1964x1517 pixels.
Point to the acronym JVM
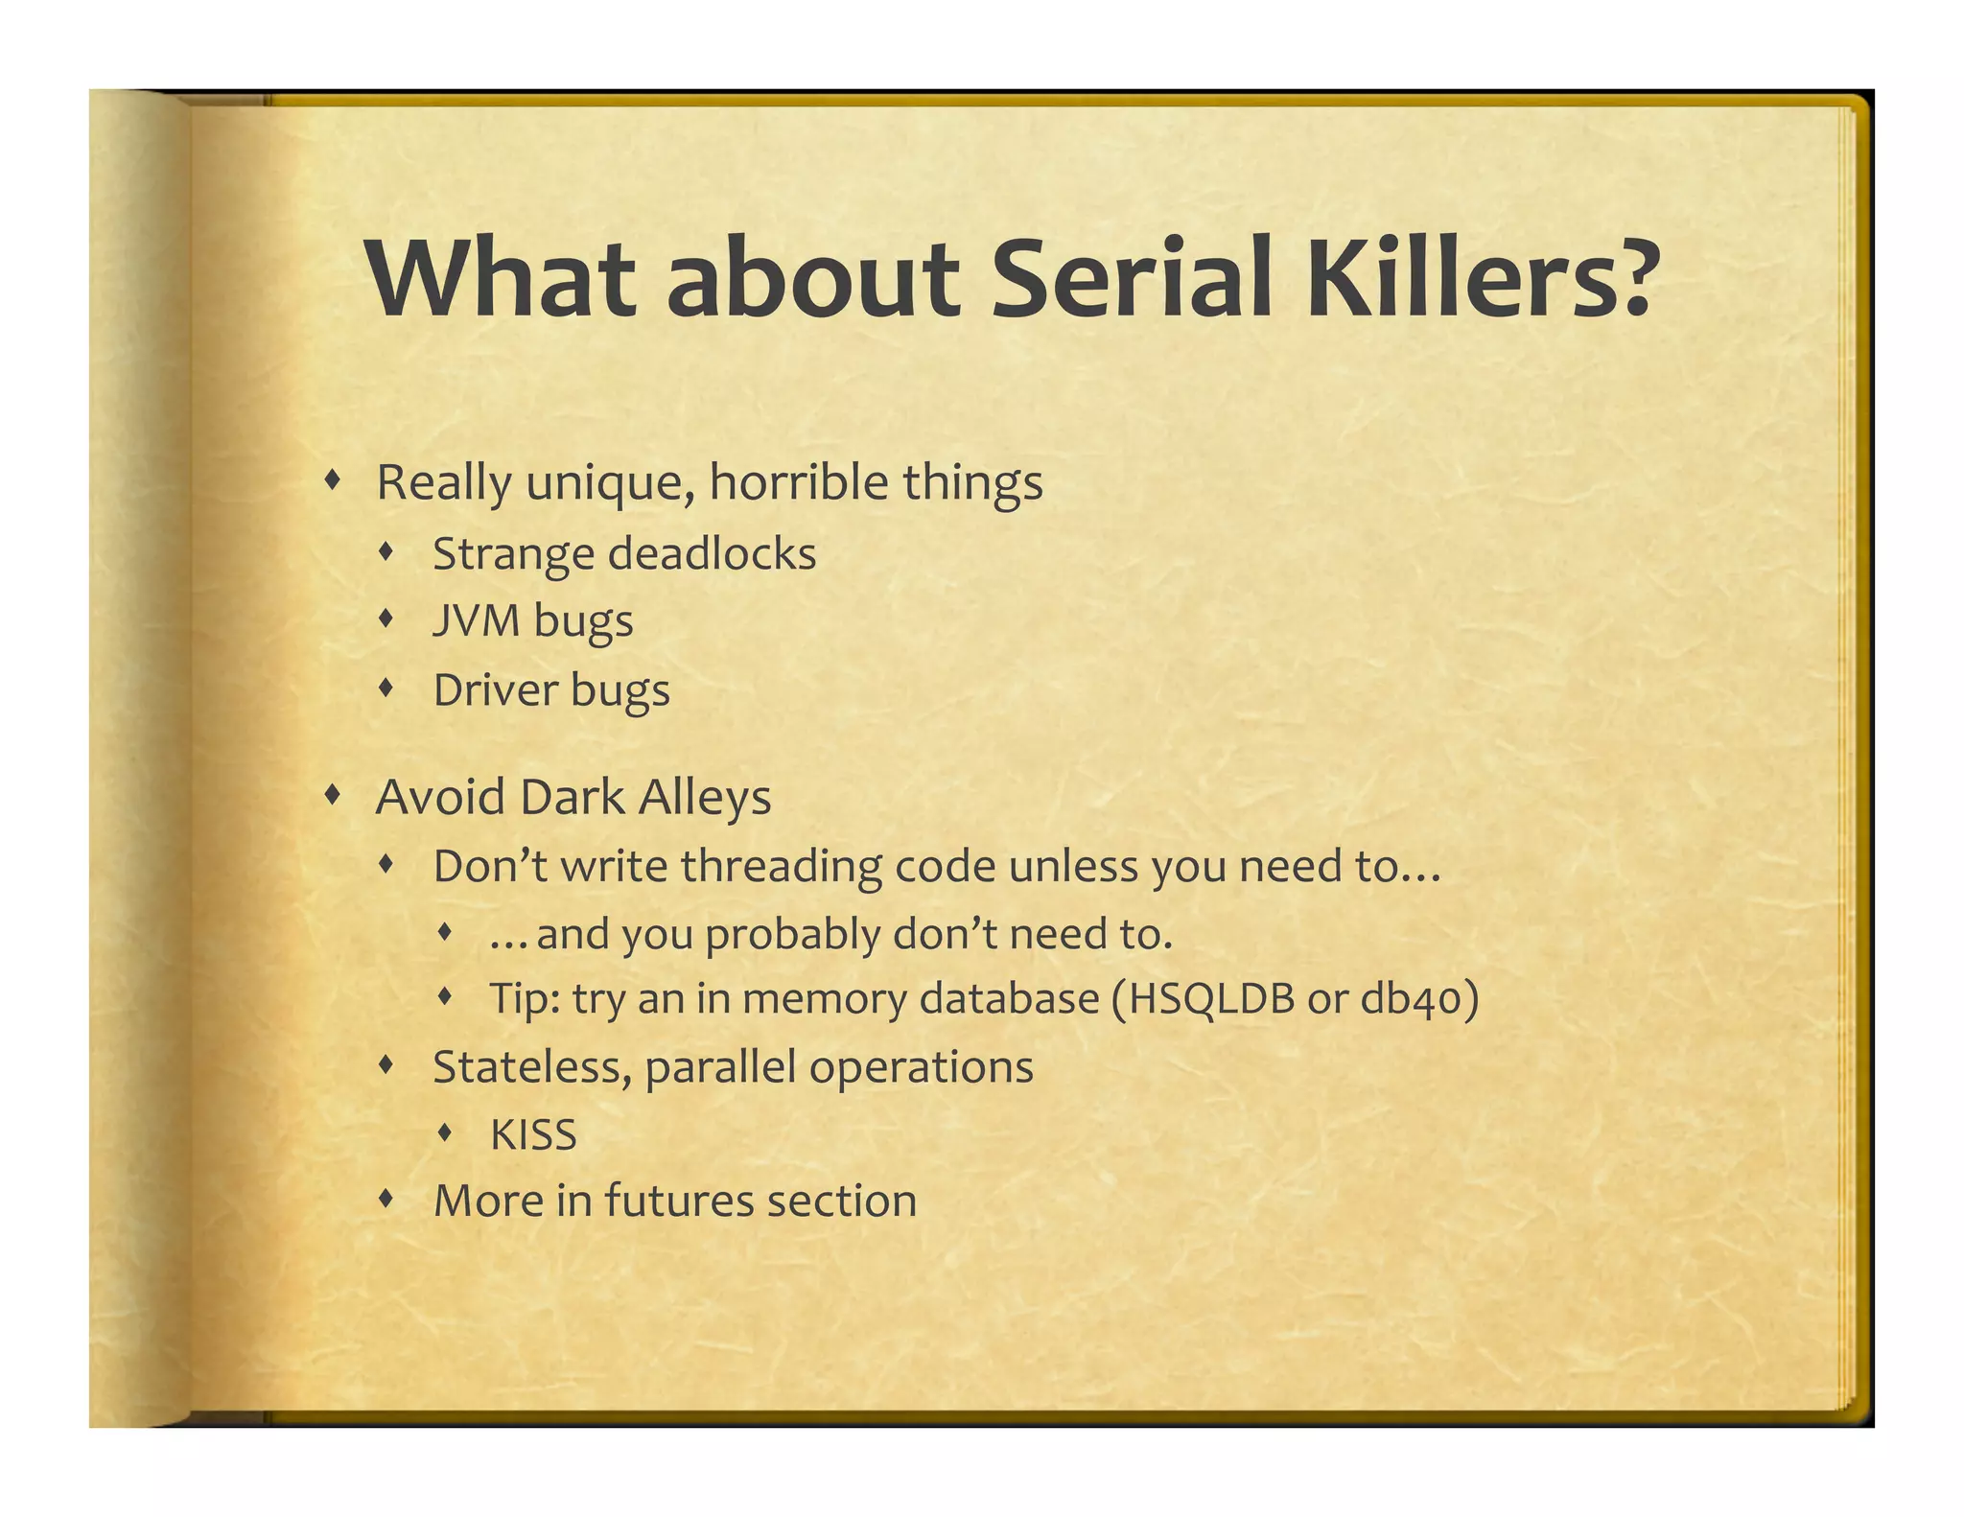476,620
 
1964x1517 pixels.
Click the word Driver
493,689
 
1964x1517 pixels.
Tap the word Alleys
704,798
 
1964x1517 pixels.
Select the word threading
783,866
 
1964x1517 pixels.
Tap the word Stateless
531,1067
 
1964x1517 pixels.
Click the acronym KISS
533,1135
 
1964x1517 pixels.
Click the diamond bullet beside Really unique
332,479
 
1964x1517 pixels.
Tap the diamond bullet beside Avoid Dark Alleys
332,794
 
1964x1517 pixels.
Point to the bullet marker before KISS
444,1132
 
